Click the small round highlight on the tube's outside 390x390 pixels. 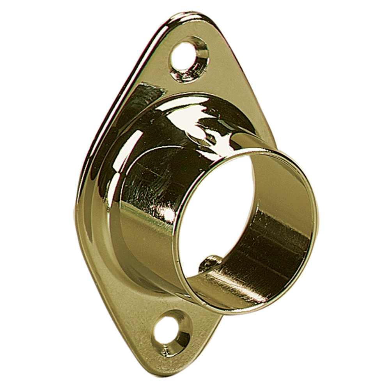169,214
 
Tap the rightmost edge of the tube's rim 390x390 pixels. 318,218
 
